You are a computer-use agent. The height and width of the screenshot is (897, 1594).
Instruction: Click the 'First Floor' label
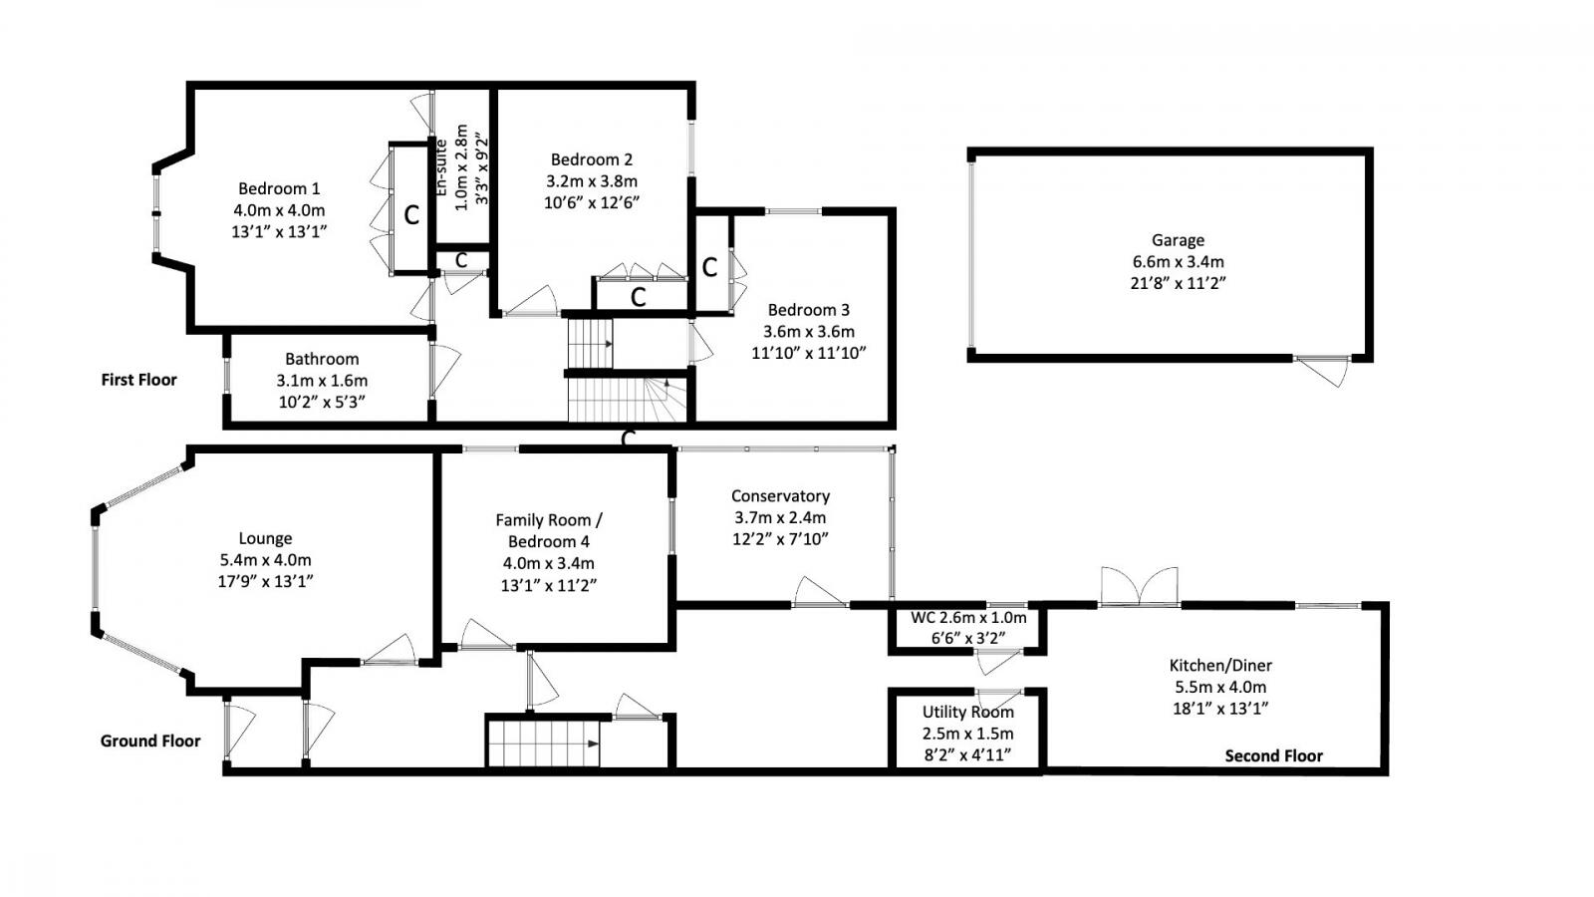pos(138,380)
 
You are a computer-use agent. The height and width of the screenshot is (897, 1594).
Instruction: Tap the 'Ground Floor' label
pos(149,741)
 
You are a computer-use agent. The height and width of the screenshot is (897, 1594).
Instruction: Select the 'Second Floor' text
pos(1273,755)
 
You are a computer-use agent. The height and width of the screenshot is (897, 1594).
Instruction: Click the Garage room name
pos(1178,240)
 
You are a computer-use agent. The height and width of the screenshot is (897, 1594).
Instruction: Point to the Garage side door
pos(1326,370)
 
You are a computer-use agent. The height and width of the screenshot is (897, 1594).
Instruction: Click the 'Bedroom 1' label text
pos(279,188)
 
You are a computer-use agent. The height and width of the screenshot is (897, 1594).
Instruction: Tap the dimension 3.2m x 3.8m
pos(591,180)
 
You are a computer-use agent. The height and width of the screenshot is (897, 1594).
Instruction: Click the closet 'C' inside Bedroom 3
pos(709,267)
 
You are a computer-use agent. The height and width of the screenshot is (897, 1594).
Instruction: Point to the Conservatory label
pos(780,495)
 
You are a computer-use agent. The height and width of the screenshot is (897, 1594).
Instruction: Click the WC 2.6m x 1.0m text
pos(967,618)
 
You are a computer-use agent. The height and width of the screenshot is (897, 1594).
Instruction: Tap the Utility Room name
pos(967,712)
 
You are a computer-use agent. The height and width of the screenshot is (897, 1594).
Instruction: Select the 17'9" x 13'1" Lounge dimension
pos(265,581)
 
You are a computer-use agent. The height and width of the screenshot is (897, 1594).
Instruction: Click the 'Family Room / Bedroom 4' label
pos(549,530)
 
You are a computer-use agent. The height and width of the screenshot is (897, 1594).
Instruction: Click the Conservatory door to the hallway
pos(820,592)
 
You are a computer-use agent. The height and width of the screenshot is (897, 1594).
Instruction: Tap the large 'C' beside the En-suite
pos(410,215)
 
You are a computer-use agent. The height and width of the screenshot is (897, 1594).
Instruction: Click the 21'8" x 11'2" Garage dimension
pos(1178,283)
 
